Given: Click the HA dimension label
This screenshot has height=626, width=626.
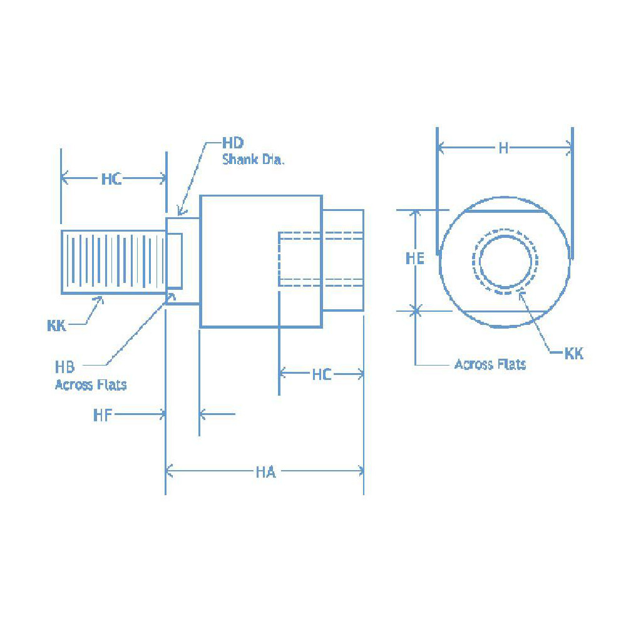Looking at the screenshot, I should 265,471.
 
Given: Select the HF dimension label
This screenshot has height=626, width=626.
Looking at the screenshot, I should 103,414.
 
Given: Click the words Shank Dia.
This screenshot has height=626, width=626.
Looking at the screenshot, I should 254,160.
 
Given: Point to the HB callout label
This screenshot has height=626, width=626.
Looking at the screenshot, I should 64,367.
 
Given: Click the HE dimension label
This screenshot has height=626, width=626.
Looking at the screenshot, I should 414,258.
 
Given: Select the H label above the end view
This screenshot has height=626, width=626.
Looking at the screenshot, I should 503,148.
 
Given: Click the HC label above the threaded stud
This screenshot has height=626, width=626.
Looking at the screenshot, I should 111,180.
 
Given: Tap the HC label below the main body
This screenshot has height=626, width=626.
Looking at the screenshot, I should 321,375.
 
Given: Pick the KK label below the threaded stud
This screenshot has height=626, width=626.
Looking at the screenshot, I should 57,326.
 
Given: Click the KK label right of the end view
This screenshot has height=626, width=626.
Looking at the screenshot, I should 573,354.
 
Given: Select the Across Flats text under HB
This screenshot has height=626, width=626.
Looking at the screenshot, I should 91,385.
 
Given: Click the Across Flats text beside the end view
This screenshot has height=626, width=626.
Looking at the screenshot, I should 490,364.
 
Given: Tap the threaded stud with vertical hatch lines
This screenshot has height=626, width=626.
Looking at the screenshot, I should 113,262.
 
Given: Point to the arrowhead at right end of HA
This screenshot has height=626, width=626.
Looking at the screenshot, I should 360,471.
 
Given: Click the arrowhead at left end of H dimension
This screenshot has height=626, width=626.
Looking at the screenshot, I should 441,148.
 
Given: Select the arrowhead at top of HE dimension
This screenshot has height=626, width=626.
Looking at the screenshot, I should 414,213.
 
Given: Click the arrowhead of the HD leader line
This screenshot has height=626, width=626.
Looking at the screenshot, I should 179,213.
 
